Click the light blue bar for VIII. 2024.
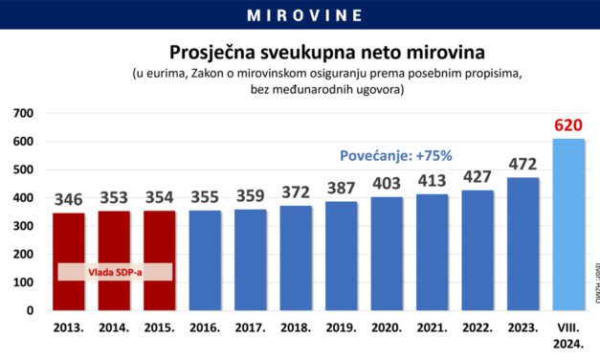pos(568,225)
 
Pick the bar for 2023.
pos(523,244)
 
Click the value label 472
pos(523,165)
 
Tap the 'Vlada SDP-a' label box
pos(116,272)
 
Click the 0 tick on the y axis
pos(30,311)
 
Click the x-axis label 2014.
pos(116,328)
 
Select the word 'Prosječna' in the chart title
pos(215,51)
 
